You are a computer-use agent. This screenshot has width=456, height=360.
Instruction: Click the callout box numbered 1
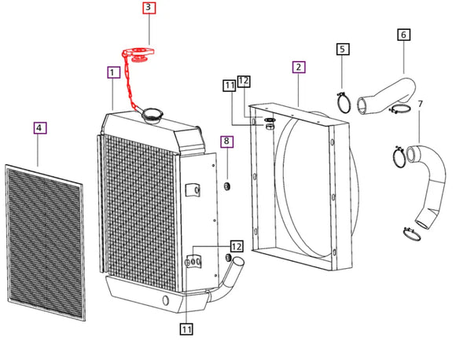tap(114, 72)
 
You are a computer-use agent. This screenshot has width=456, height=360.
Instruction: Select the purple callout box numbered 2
tap(299, 67)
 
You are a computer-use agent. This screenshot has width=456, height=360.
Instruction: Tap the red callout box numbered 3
tap(149, 8)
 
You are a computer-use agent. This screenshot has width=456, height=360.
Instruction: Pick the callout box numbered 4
tap(40, 127)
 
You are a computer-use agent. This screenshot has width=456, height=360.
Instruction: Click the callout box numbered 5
tap(343, 50)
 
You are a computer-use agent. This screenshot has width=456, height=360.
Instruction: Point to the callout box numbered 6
tap(403, 35)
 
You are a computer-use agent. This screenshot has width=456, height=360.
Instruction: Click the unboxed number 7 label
tap(420, 104)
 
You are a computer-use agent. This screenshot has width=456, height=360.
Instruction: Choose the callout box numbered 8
tap(226, 141)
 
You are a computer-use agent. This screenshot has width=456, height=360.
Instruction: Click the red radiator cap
tap(138, 55)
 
